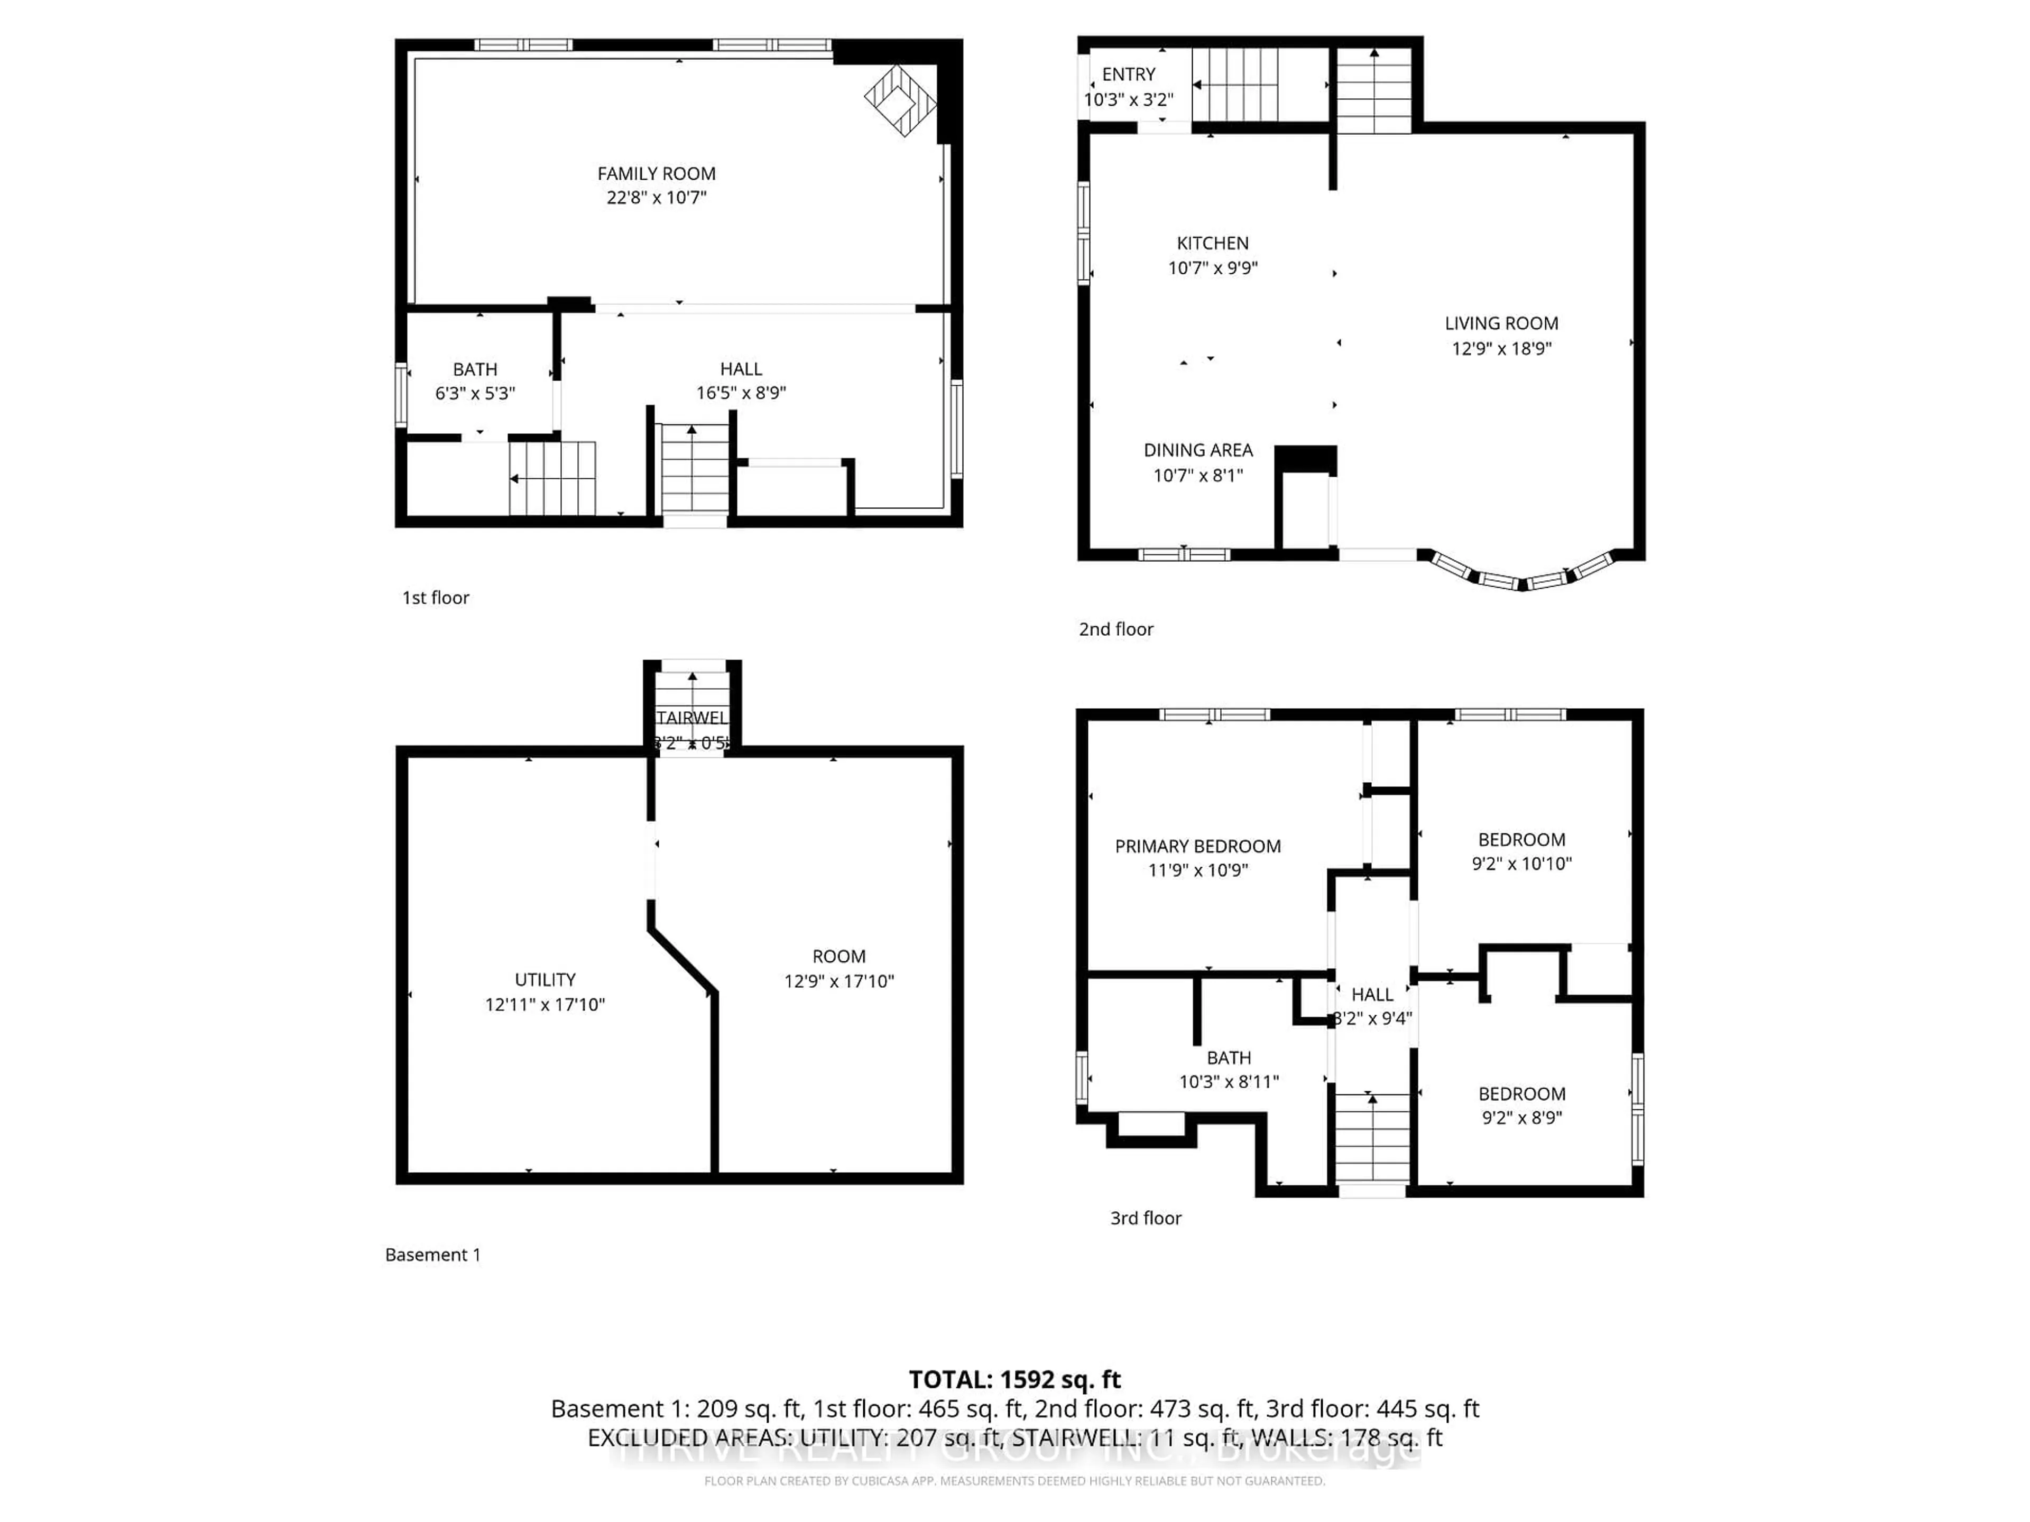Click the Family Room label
656,173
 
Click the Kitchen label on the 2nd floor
1212,243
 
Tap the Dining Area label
1197,450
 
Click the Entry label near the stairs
1128,75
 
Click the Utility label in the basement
545,980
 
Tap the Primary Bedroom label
1197,847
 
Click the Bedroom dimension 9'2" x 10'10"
1521,864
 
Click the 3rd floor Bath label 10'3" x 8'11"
1229,1058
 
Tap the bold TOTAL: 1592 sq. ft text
1014,1380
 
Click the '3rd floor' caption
1146,1218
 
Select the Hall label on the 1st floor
741,369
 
